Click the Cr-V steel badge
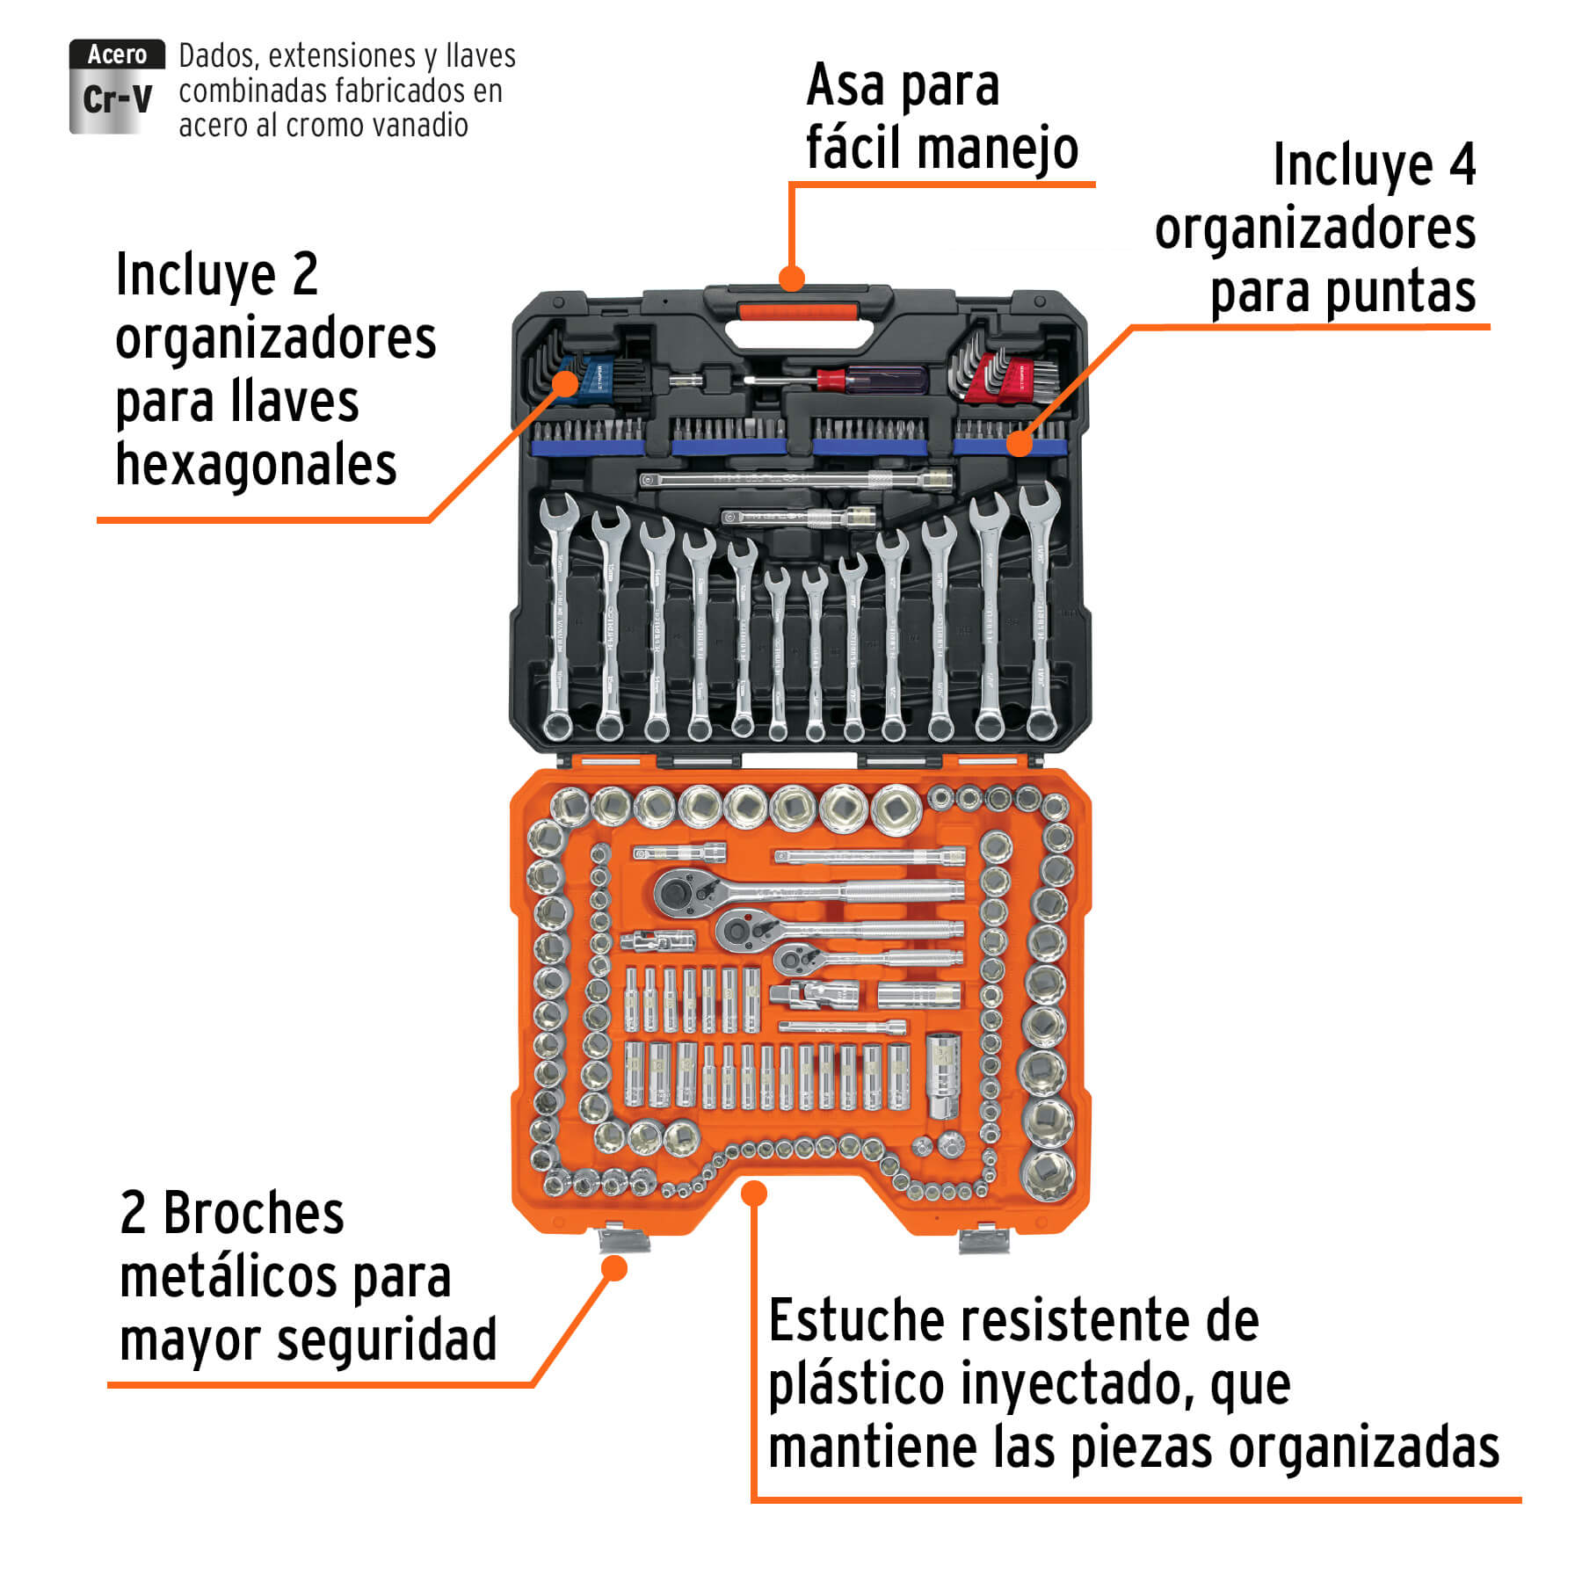pyautogui.click(x=116, y=87)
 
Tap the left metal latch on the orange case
pyautogui.click(x=623, y=1240)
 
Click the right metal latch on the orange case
pyautogui.click(x=983, y=1240)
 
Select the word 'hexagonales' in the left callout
pyautogui.click(x=256, y=465)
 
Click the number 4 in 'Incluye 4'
pyautogui.click(x=1462, y=164)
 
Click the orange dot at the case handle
pyautogui.click(x=792, y=279)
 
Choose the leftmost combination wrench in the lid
pyautogui.click(x=558, y=615)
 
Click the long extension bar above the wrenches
pyautogui.click(x=795, y=480)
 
